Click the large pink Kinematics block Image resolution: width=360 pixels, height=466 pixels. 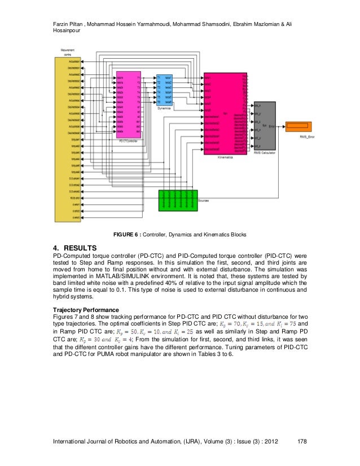[x=225, y=113]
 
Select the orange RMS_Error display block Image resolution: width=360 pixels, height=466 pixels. [x=296, y=125]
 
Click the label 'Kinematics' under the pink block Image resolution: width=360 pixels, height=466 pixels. [x=225, y=158]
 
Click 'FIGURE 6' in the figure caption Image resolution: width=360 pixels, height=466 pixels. [x=127, y=234]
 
